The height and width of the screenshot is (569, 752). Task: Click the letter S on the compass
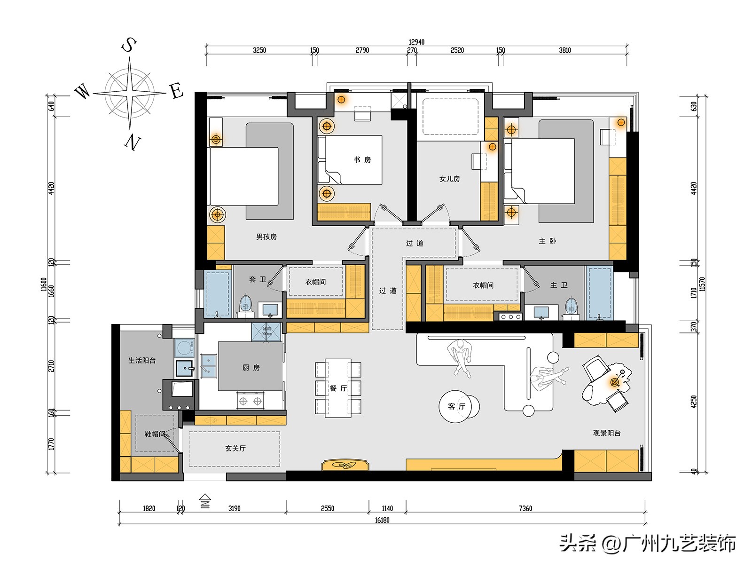tap(129, 46)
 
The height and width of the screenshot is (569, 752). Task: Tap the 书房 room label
tap(362, 160)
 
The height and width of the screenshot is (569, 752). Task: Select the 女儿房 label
tap(449, 179)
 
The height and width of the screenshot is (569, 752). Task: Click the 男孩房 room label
tap(266, 237)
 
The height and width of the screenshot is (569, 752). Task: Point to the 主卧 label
tap(547, 241)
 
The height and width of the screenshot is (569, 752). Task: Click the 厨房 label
tap(251, 368)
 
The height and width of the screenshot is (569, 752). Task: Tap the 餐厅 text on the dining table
tap(338, 388)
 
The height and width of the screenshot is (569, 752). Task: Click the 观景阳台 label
tap(607, 433)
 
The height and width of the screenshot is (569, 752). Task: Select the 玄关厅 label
tap(235, 448)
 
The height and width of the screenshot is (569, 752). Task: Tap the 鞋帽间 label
tap(155, 434)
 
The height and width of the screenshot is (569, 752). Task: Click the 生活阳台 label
tap(142, 361)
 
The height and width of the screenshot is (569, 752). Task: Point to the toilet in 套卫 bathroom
tap(246, 305)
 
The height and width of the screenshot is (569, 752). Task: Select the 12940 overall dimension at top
tap(416, 42)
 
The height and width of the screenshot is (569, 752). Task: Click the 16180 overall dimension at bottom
tap(382, 520)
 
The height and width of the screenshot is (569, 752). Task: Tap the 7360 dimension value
tap(525, 508)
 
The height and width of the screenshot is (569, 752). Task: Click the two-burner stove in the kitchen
tap(250, 401)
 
